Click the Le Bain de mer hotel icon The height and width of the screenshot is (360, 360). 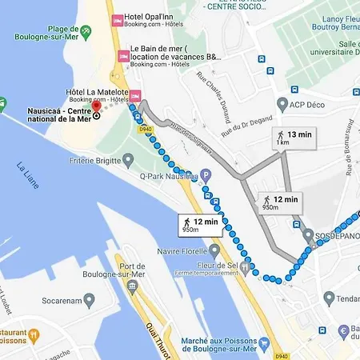(x=122, y=56)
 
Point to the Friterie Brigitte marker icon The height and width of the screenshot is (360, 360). (x=129, y=160)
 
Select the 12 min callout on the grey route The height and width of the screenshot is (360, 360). (x=281, y=202)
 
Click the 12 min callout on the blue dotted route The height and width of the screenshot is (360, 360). (x=199, y=225)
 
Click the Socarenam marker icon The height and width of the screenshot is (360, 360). (x=90, y=300)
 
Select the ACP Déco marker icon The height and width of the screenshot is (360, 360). (x=282, y=105)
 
